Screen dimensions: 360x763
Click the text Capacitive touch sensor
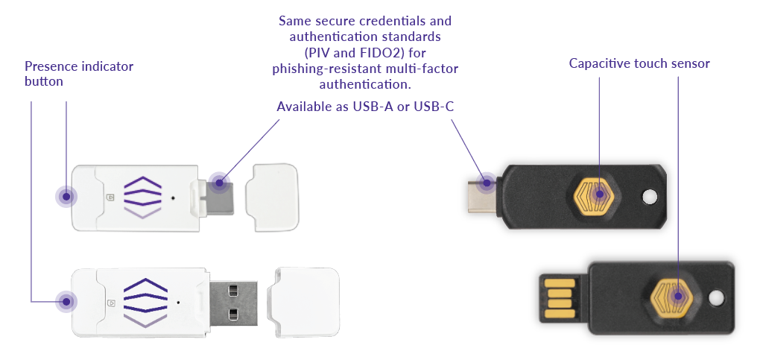pos(639,63)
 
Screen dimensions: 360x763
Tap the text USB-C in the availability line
pos(434,107)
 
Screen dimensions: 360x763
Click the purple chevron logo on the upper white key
pos(142,196)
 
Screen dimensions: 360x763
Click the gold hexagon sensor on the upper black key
pos(600,194)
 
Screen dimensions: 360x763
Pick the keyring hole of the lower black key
pos(717,297)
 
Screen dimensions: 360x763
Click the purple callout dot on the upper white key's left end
pos(67,197)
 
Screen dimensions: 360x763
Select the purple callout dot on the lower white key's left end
pos(67,302)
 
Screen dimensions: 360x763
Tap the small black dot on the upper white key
pos(173,198)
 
